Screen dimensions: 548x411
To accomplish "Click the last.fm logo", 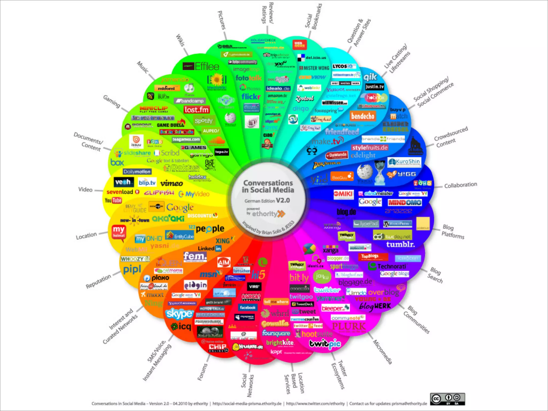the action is tap(196, 110).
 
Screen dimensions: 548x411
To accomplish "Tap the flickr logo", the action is tap(251, 96).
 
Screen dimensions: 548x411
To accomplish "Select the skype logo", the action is tap(179, 314).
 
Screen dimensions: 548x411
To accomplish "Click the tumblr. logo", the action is tap(400, 244).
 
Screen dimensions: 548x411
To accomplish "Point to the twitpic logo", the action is tap(325, 344).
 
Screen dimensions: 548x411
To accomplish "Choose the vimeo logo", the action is tap(172, 183).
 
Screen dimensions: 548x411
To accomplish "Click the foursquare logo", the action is tap(276, 333).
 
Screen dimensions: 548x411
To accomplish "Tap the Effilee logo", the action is tap(201, 66).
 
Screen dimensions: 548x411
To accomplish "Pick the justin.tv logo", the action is tap(375, 87).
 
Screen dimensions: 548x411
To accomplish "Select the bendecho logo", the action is tap(363, 116).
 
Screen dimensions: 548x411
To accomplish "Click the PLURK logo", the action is tap(349, 326).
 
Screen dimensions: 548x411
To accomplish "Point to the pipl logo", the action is tap(132, 269).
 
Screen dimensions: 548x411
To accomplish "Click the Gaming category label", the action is tap(112, 101).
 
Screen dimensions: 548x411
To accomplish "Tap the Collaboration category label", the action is tap(461, 185).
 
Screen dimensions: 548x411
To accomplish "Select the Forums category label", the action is tap(202, 372).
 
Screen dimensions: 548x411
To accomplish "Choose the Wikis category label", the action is tap(180, 40).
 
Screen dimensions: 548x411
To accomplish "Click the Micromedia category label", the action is tap(382, 352).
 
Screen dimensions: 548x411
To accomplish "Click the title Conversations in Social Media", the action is tap(268, 186).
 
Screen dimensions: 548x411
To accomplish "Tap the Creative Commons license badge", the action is tap(447, 399).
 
